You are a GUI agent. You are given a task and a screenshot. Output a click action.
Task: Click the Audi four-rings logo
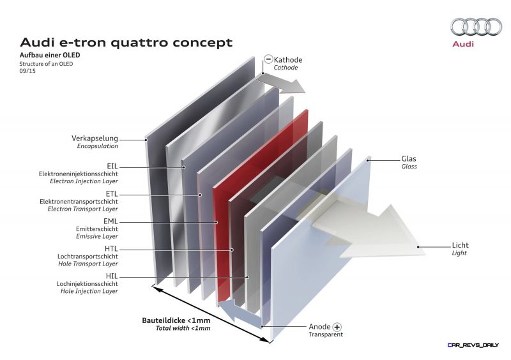476,26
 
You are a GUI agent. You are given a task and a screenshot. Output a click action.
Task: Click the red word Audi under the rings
462,43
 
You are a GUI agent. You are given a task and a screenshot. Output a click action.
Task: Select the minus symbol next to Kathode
268,59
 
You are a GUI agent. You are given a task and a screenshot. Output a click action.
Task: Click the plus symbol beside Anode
337,327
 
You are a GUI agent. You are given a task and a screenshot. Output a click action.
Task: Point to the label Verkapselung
95,138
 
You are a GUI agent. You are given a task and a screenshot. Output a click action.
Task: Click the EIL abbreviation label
112,167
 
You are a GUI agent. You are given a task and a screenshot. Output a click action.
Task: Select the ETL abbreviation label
112,194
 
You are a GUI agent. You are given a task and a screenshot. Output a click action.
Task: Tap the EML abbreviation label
111,221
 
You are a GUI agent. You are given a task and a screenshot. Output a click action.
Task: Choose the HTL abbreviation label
111,249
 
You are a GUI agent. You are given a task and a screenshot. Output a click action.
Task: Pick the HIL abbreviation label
111,276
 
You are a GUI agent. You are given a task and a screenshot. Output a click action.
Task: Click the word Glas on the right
409,159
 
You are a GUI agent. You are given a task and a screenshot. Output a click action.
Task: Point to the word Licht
460,245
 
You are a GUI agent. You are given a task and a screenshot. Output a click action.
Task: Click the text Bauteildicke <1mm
176,320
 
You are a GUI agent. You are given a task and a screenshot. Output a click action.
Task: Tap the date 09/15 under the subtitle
27,71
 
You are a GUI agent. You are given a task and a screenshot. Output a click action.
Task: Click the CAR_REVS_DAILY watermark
473,345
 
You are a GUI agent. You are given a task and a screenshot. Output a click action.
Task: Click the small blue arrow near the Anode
240,312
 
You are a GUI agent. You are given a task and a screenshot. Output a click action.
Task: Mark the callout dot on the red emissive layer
216,222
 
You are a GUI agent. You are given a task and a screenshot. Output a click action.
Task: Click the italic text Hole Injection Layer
89,291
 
